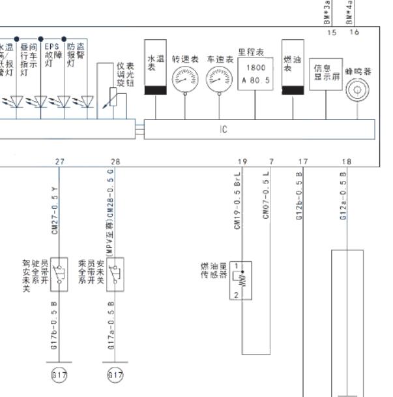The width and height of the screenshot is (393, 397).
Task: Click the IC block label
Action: [x=224, y=130]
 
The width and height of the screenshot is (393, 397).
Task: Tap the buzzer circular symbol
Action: [x=357, y=90]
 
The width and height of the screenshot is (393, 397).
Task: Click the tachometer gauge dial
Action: [x=184, y=80]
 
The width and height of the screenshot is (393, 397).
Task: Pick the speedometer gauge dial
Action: [x=219, y=80]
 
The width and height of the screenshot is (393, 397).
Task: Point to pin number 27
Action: [x=60, y=161]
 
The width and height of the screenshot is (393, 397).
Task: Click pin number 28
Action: [x=115, y=161]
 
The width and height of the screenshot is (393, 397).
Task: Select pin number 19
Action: [x=242, y=161]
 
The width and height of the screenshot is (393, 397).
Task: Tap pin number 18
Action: [x=346, y=161]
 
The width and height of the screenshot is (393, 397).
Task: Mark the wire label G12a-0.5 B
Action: [x=342, y=196]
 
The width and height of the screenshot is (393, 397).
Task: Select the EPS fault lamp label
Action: [x=51, y=56]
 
